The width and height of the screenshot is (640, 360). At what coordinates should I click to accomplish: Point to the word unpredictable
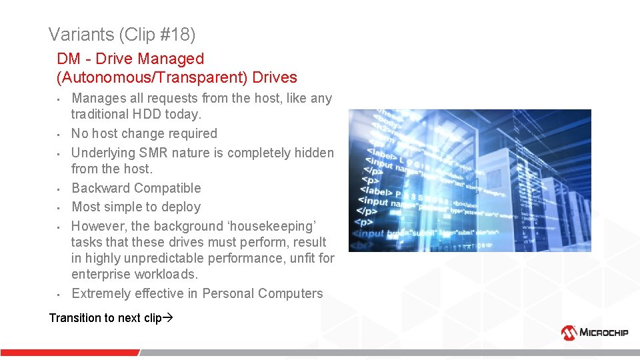(173, 258)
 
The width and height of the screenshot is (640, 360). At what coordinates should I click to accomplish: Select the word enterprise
(102, 274)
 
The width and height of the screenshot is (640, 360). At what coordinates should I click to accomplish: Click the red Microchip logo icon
(569, 333)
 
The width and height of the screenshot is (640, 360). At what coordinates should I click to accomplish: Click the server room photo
(469, 180)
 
